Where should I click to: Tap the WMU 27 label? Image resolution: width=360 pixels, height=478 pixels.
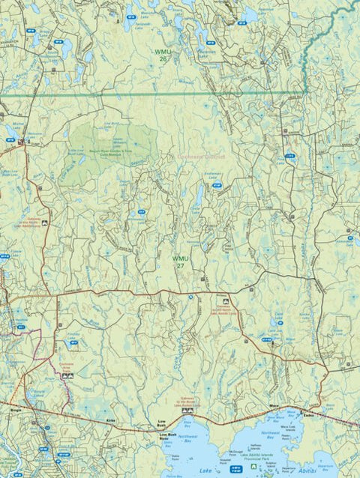(180, 261)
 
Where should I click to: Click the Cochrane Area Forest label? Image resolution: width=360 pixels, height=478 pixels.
(67, 365)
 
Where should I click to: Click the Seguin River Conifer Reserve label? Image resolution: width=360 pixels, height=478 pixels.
(112, 151)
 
